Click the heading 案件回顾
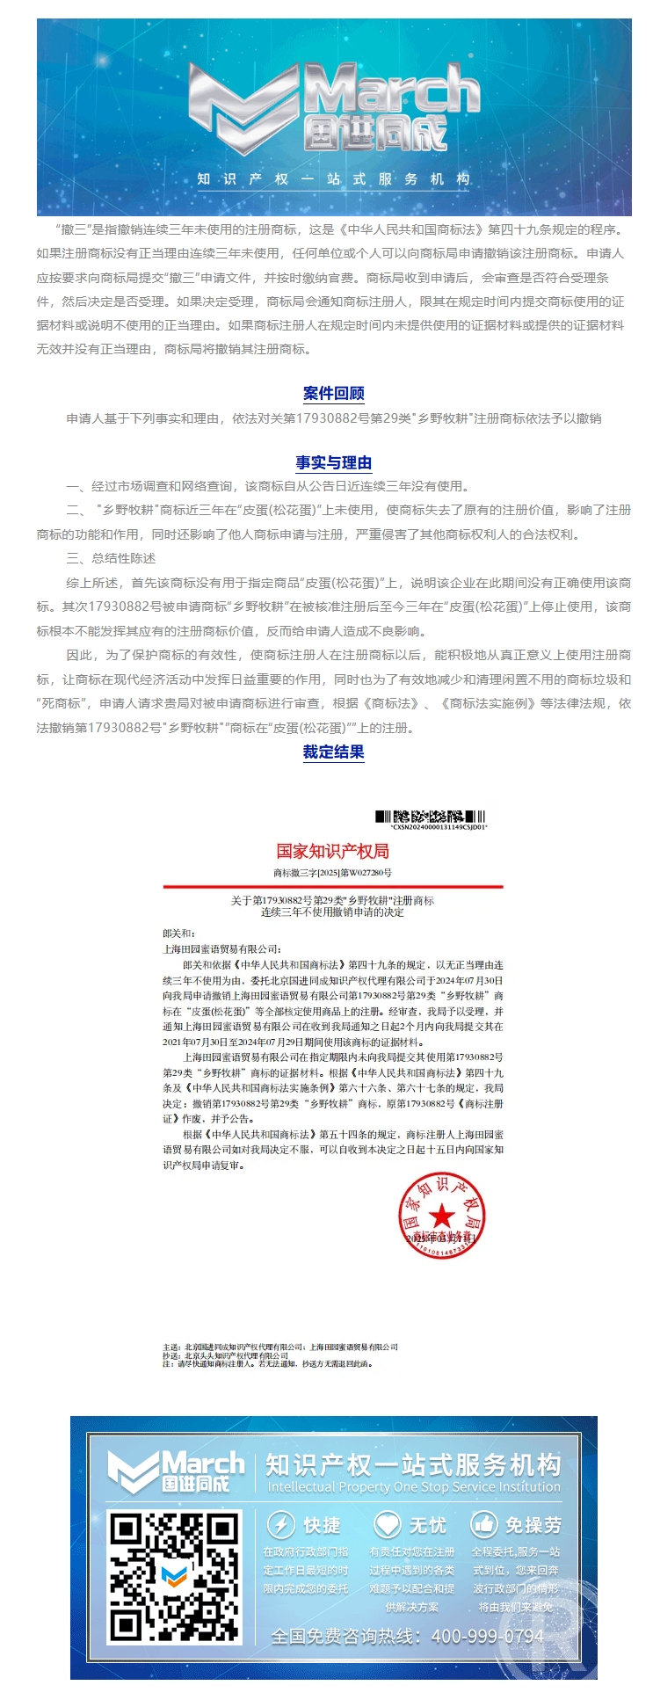pos(333,393)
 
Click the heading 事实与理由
pos(333,463)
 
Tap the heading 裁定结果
pos(333,752)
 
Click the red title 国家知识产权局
pos(332,851)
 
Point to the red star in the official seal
pos(441,1217)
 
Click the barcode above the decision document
pos(431,817)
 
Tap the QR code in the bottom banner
pos(174,1577)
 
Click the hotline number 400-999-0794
pos(488,1637)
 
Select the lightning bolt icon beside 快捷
pos(280,1524)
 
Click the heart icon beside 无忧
pos(387,1524)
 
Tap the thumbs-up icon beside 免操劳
pos(484,1524)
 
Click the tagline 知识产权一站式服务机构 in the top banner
pos(333,179)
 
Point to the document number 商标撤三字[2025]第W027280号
pos(332,873)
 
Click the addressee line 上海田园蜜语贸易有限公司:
pos(221,949)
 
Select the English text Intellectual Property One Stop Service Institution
pos(413,1487)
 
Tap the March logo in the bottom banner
pos(176,1473)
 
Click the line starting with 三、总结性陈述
pos(112,558)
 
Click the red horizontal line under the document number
pos(332,886)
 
